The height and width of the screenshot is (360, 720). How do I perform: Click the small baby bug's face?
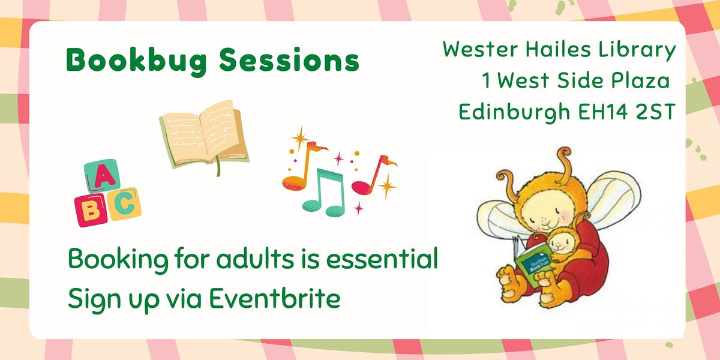point(561,240)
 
